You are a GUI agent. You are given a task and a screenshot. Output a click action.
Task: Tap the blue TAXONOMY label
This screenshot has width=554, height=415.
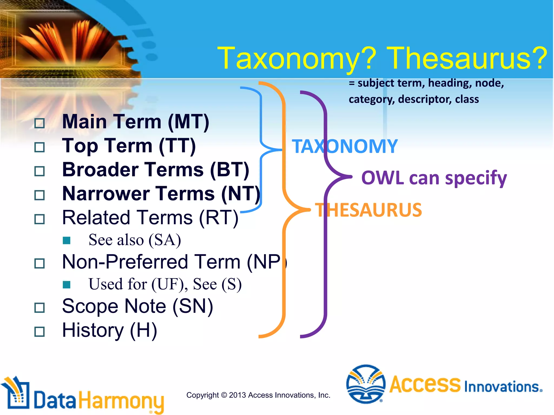coord(345,147)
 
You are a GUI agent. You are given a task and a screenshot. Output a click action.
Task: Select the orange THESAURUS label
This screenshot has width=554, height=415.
coord(368,210)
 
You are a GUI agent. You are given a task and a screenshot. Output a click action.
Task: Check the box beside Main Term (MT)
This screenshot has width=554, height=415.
coord(39,123)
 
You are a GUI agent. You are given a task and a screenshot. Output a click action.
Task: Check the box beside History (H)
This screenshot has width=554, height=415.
coord(39,332)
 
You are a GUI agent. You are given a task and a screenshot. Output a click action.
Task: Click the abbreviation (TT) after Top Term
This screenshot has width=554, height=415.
coord(177,146)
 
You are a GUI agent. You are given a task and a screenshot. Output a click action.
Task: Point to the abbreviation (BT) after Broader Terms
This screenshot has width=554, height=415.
coord(229,170)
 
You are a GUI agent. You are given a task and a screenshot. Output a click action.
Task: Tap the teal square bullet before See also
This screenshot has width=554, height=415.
coord(67,240)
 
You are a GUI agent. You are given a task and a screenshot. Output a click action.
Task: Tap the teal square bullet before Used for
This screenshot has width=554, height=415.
coord(67,285)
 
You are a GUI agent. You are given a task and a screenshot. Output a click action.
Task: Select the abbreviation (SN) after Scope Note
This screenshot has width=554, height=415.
coord(193,307)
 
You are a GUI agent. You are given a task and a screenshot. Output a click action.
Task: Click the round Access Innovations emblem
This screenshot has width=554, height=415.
coord(366,384)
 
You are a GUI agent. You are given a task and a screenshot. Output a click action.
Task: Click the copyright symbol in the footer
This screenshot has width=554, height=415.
coord(224,395)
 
